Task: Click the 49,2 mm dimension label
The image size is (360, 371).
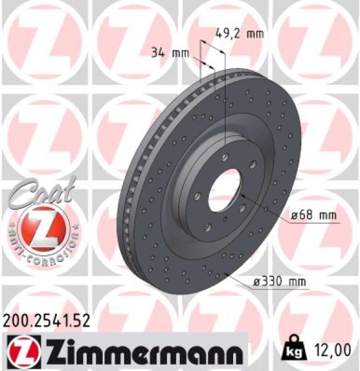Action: [239, 33]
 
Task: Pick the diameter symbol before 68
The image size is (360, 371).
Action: [294, 216]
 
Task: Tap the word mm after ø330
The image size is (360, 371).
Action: [297, 283]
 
